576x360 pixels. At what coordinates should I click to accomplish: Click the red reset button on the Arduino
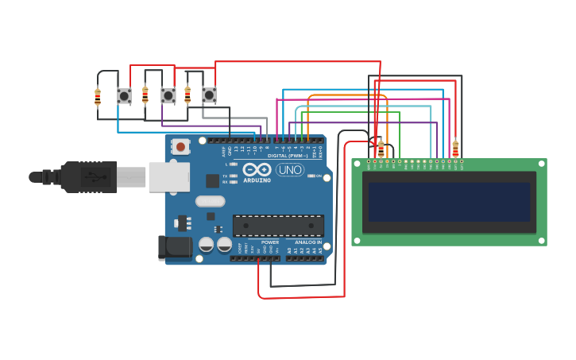click(x=181, y=146)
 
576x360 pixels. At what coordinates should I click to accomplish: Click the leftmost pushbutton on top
click(x=125, y=96)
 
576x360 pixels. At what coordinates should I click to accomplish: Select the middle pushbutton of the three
click(x=168, y=96)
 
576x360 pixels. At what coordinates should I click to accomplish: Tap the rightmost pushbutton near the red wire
click(x=209, y=95)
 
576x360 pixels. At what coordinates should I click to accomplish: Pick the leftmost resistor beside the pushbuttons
click(x=98, y=97)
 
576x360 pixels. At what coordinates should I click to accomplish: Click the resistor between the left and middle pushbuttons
click(x=145, y=95)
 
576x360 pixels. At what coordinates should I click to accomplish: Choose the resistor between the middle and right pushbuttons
click(x=187, y=95)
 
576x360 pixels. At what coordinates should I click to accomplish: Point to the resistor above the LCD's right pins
click(x=455, y=149)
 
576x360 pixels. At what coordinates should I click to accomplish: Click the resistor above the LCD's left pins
click(x=381, y=148)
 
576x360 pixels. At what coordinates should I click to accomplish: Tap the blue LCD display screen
click(x=449, y=202)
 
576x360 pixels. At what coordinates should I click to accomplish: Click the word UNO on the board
click(x=290, y=169)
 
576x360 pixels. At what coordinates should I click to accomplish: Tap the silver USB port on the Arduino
click(x=168, y=176)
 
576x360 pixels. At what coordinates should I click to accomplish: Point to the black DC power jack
click(x=175, y=247)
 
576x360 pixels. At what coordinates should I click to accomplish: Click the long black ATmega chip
click(x=278, y=225)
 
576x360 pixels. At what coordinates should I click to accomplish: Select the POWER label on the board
click(x=270, y=242)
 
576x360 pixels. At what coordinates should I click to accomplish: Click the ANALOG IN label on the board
click(x=308, y=242)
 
